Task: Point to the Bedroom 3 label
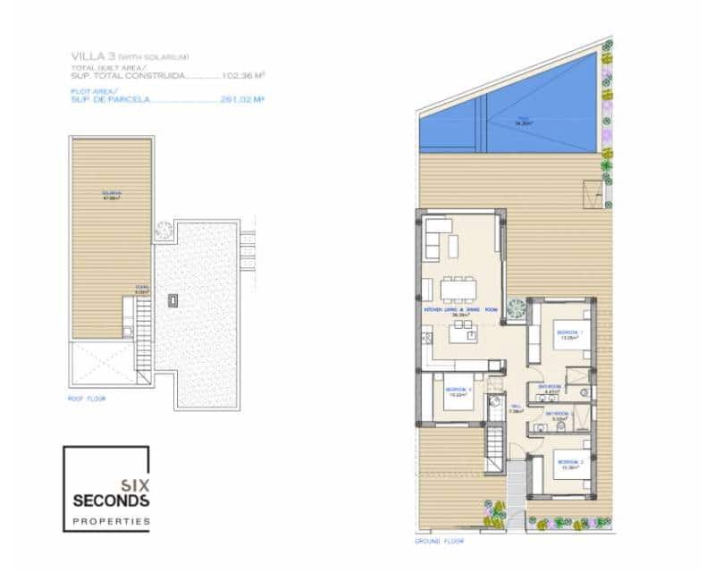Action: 457,391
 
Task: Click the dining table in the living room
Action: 458,289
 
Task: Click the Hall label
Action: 516,408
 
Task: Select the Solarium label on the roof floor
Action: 111,196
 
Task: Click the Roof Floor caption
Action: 87,399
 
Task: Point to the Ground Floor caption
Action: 438,542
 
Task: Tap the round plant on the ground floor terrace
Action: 516,307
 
